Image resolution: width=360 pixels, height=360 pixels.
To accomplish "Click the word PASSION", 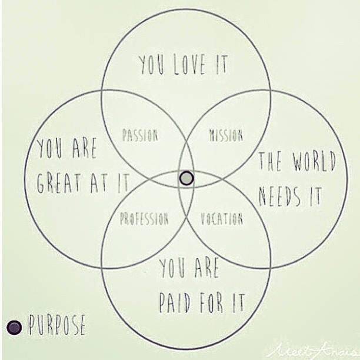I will [x=140, y=135].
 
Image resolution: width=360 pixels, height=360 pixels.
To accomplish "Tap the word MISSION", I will [x=226, y=135].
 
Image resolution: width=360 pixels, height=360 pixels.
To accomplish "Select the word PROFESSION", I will [x=144, y=219].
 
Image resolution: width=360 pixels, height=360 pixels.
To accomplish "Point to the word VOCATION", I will [x=222, y=219].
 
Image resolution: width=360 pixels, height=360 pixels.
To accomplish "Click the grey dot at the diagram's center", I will [x=186, y=178].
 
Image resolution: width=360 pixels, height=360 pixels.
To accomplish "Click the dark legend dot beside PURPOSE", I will [x=14, y=327].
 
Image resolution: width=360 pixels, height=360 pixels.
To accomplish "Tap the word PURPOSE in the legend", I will [x=57, y=325].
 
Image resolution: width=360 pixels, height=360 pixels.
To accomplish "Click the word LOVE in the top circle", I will [x=189, y=65].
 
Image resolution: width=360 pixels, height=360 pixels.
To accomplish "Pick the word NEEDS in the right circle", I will [x=282, y=195].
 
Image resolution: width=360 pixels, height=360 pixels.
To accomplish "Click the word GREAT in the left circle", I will [x=59, y=184].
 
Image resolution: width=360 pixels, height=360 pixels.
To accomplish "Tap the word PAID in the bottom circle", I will [x=177, y=302].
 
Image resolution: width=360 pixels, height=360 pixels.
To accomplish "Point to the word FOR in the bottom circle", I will [x=212, y=302].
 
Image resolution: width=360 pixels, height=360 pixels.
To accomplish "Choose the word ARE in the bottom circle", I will [x=206, y=271].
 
